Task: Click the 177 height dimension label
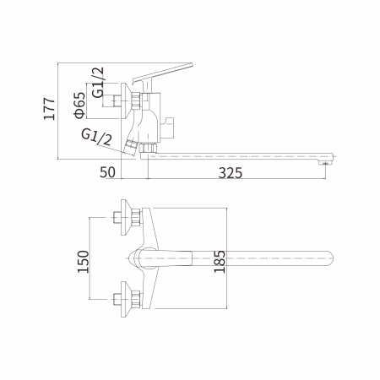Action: tap(49, 110)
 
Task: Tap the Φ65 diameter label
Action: tap(78, 108)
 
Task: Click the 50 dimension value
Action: tap(107, 173)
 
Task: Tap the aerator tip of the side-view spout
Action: tap(322, 164)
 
